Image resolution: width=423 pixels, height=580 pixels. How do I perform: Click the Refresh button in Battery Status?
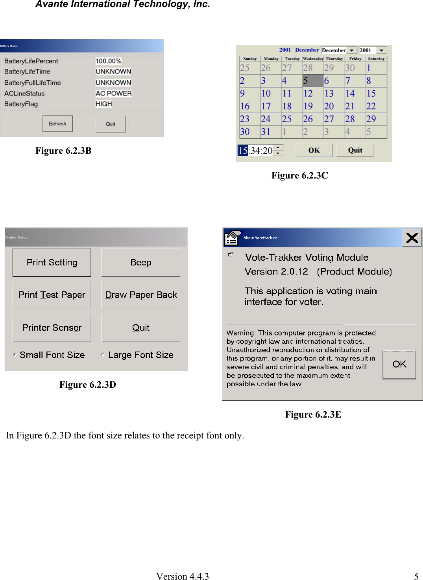click(x=57, y=124)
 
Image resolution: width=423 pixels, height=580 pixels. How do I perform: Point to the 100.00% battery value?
click(x=108, y=61)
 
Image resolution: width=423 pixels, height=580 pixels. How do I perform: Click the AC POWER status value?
click(x=113, y=93)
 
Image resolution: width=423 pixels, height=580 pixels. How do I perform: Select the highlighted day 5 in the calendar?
click(x=312, y=81)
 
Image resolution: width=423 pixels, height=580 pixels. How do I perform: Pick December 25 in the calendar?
click(x=287, y=119)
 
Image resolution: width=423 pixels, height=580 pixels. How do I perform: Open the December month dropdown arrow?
click(x=352, y=50)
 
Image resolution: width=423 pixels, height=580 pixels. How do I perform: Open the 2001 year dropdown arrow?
click(x=381, y=50)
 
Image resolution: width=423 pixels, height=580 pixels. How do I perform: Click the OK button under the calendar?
click(x=314, y=150)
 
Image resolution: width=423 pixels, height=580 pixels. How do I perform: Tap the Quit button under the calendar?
click(x=355, y=150)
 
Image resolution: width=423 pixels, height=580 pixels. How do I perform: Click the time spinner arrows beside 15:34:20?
click(x=278, y=150)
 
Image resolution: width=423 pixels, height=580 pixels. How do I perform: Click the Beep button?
click(x=140, y=262)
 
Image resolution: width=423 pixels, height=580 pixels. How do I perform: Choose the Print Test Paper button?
click(x=52, y=295)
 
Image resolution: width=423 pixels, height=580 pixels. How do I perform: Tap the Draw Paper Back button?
click(x=140, y=295)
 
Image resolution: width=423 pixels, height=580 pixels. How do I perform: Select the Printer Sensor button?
click(x=52, y=328)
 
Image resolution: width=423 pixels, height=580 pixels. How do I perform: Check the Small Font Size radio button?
click(x=15, y=355)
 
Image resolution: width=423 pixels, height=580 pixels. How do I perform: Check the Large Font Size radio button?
click(x=103, y=355)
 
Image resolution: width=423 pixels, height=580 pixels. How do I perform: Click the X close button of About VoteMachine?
click(x=412, y=238)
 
